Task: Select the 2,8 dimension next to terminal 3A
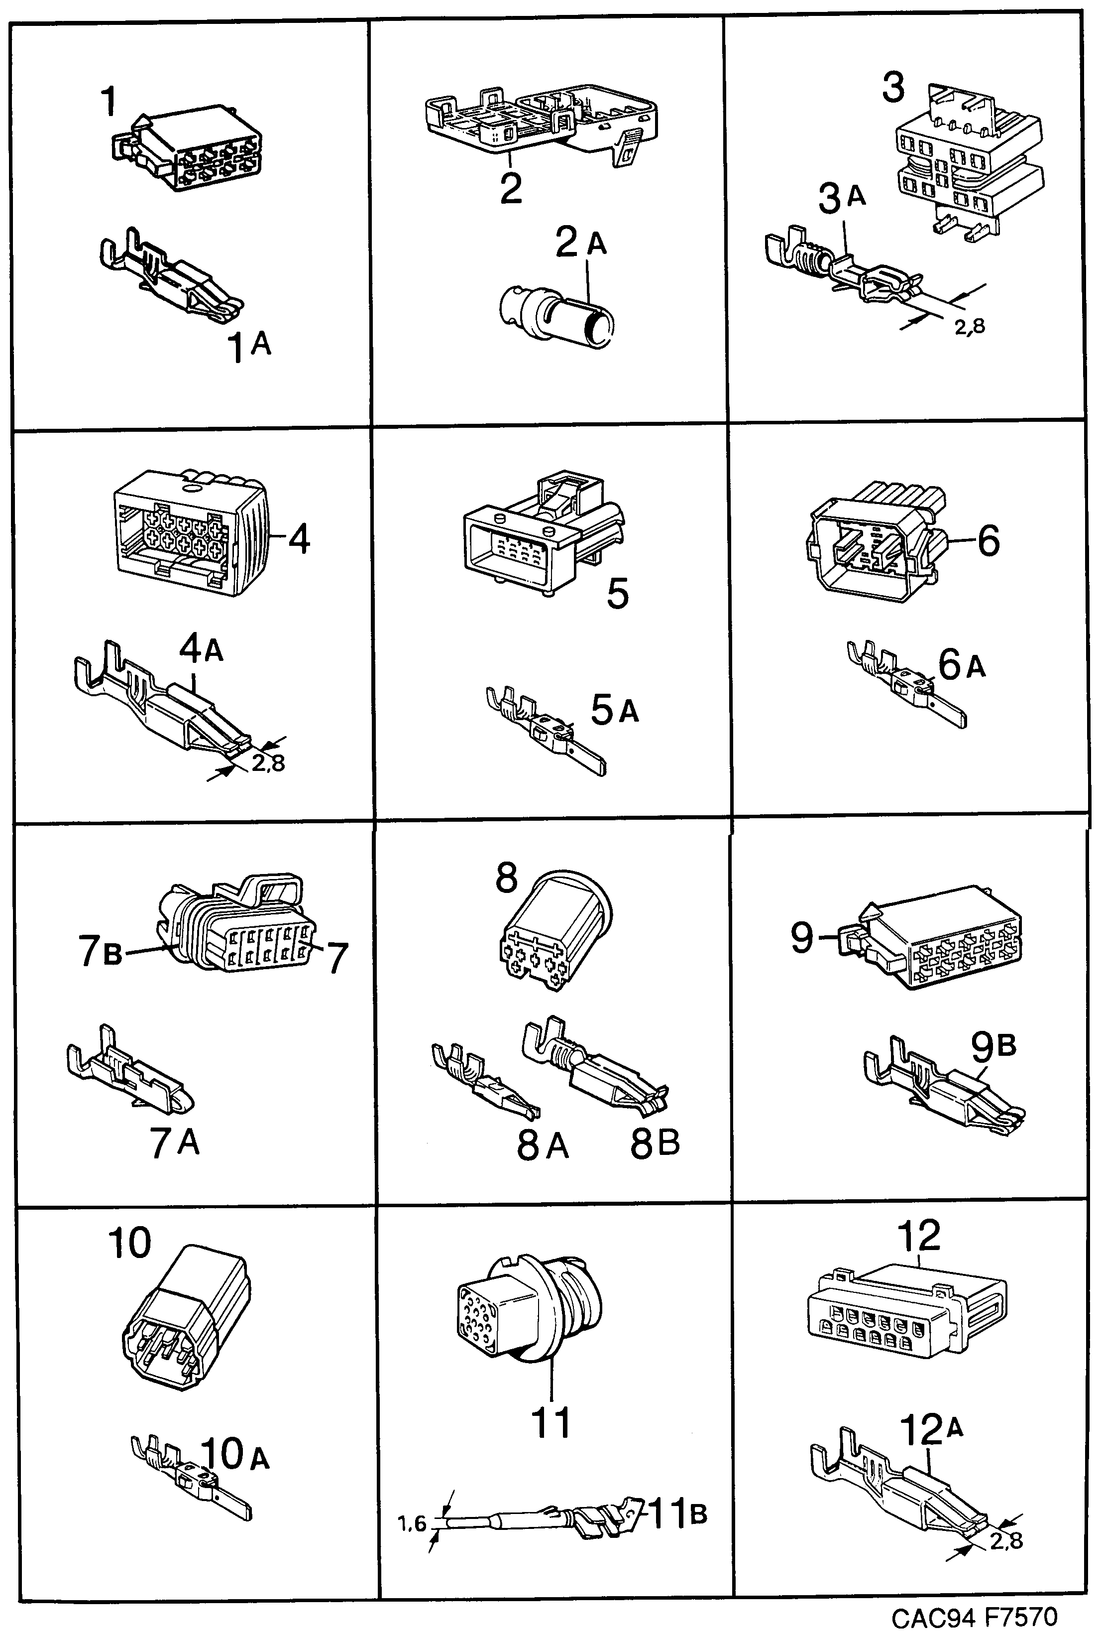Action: click(x=969, y=326)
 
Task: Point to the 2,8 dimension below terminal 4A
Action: click(x=268, y=763)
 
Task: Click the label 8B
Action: click(x=655, y=1143)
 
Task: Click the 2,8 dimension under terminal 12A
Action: click(x=1006, y=1541)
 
